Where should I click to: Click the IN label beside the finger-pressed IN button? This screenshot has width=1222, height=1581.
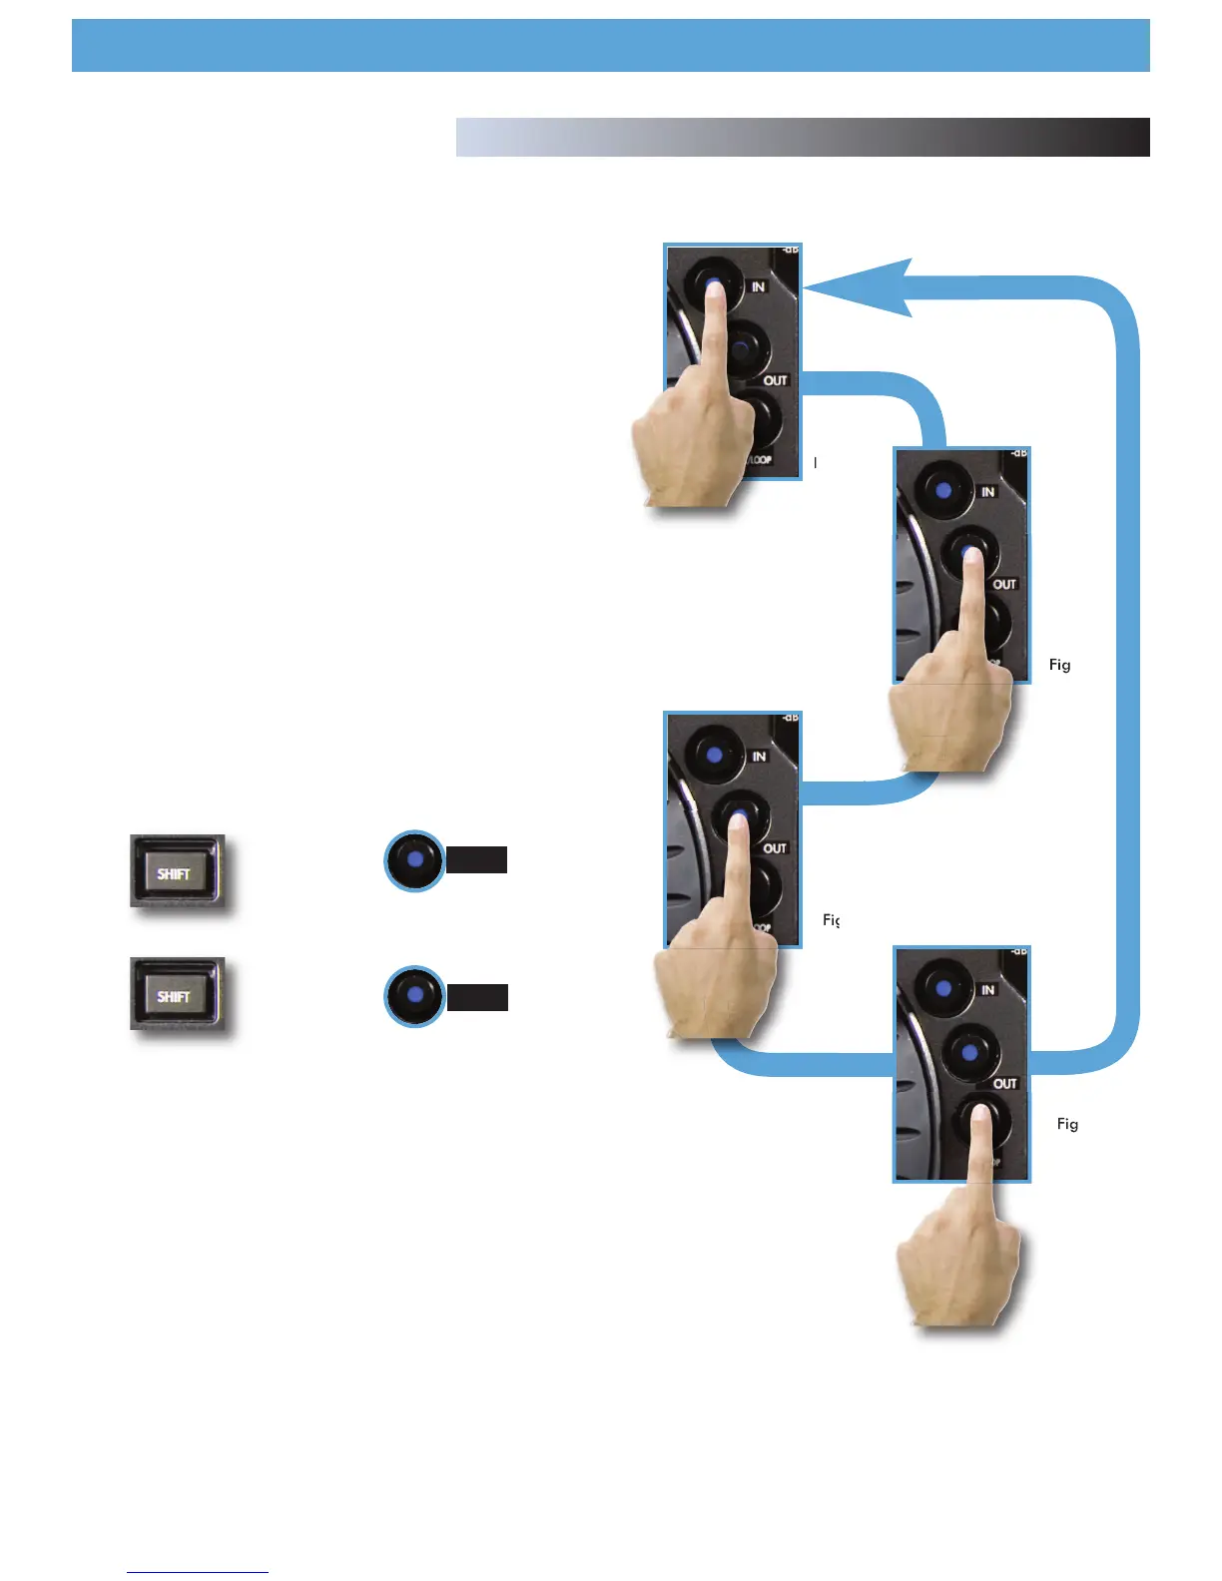pyautogui.click(x=759, y=286)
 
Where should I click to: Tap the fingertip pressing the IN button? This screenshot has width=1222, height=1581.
pyautogui.click(x=714, y=289)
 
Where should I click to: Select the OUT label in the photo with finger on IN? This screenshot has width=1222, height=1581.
pyautogui.click(x=776, y=380)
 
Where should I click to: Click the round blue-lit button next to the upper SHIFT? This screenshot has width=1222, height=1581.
pyautogui.click(x=414, y=859)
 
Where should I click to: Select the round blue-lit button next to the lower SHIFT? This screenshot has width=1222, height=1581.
pyautogui.click(x=414, y=996)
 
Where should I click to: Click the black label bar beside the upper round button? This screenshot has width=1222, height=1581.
pyautogui.click(x=476, y=859)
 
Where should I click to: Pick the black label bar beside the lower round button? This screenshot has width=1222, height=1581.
pyautogui.click(x=477, y=997)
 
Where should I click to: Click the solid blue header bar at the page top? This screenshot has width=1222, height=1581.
pyautogui.click(x=610, y=45)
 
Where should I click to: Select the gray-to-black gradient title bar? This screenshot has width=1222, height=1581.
pyautogui.click(x=802, y=138)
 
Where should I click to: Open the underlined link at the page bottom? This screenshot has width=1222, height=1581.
pyautogui.click(x=198, y=1572)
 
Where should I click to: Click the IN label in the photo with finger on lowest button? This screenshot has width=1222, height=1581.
pyautogui.click(x=988, y=989)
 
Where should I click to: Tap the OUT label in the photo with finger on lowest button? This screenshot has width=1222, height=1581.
pyautogui.click(x=1004, y=1083)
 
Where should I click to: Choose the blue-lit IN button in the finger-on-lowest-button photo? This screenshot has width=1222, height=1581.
pyautogui.click(x=944, y=988)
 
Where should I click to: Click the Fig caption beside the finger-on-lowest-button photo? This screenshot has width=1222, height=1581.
pyautogui.click(x=1067, y=1124)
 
